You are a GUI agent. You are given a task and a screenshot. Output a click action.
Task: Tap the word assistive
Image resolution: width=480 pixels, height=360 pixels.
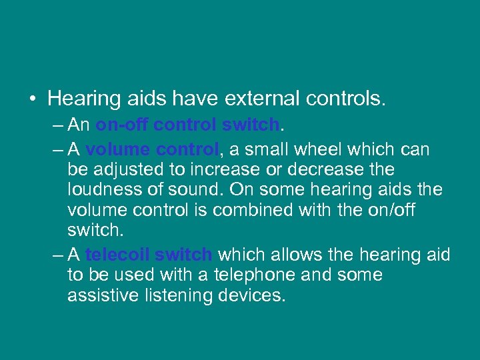click(103, 295)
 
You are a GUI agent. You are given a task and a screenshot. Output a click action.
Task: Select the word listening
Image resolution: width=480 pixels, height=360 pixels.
click(179, 295)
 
